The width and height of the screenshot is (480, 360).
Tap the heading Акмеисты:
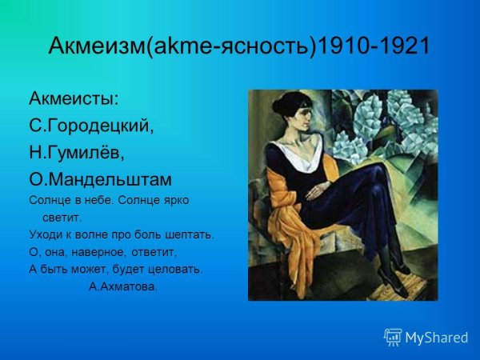coord(74,99)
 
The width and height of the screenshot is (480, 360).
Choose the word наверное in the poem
coord(100,252)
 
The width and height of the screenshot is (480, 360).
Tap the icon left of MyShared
coord(393,337)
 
